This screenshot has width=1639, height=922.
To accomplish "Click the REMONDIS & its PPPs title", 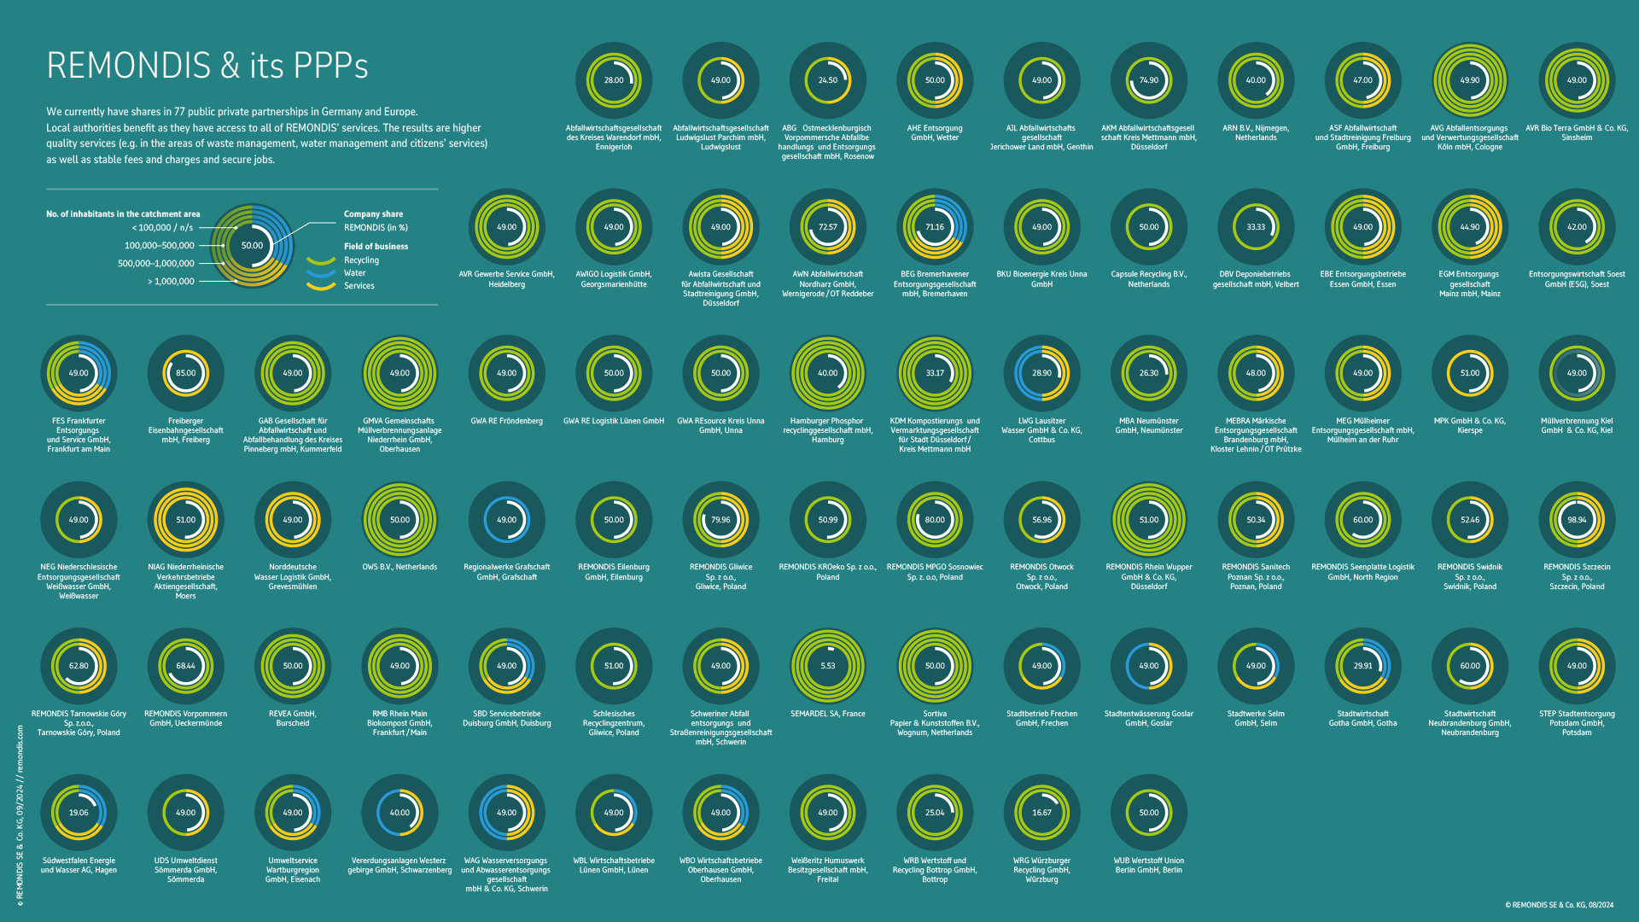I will point(207,66).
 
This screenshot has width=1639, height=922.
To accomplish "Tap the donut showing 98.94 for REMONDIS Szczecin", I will point(1576,519).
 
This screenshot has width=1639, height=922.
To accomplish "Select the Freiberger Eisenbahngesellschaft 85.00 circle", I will point(185,373).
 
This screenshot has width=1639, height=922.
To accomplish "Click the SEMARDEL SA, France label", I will point(827,714).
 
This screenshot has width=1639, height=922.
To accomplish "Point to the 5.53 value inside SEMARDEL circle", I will point(827,666).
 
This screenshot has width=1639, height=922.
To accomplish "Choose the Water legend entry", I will point(354,273).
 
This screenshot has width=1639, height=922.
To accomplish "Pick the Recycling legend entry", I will point(361,260).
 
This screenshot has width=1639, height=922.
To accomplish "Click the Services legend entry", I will point(359,286).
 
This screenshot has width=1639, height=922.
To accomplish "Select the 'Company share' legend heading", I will point(373,214).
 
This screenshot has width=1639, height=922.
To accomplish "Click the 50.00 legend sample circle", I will point(252,246).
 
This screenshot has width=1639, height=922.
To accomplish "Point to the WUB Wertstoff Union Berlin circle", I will point(1148,813).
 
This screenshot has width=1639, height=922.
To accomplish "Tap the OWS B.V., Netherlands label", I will point(400,567).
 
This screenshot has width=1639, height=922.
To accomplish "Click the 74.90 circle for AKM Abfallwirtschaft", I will point(1148,80).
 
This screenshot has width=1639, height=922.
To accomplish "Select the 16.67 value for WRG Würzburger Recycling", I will point(1041,813).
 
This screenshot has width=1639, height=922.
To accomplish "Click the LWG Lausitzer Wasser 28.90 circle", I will point(1041,373).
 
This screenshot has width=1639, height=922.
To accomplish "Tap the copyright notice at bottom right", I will point(1559,905).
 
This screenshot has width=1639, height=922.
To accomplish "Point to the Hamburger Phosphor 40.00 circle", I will point(827,373).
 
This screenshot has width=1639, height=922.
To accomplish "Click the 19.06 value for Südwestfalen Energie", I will point(79,813).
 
